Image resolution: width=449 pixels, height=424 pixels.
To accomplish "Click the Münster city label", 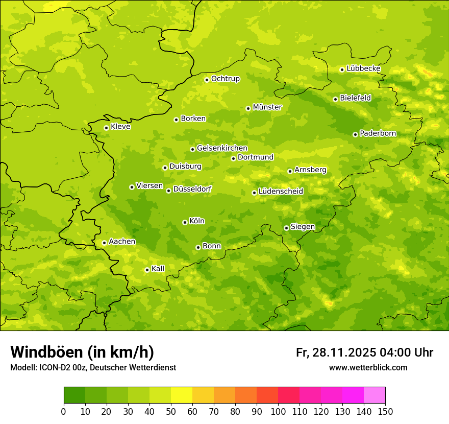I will (x=267, y=107).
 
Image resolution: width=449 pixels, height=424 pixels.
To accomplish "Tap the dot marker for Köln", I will (x=185, y=222).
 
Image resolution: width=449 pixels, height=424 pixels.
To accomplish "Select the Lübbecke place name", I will (x=363, y=68).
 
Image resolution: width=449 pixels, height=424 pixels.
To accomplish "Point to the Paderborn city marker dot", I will (x=355, y=134).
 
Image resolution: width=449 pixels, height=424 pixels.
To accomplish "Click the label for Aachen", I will (x=122, y=242).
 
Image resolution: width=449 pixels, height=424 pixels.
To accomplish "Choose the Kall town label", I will (x=158, y=269).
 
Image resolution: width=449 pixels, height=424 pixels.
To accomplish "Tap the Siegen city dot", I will (x=286, y=228).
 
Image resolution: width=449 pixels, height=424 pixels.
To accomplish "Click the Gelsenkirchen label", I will (x=222, y=148).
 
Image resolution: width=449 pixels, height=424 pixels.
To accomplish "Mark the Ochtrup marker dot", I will (x=207, y=80).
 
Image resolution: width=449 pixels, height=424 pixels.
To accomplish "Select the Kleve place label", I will (x=120, y=127).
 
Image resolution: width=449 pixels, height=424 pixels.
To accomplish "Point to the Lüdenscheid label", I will (x=281, y=192).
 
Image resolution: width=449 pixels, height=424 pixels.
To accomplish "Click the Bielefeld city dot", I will (x=335, y=99).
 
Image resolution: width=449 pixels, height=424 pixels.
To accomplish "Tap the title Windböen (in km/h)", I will (x=82, y=352).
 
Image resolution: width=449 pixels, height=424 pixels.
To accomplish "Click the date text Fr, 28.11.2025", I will (x=336, y=352).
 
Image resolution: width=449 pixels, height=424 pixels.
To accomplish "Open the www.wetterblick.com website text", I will (x=368, y=367).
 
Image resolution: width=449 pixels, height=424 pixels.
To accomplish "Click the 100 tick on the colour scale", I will (x=278, y=411).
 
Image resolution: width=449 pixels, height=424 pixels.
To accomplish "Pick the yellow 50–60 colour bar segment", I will (x=182, y=395).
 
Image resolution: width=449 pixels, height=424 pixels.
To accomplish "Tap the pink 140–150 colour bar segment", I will (x=375, y=395).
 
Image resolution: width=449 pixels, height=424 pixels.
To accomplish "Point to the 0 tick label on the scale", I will (x=64, y=411).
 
